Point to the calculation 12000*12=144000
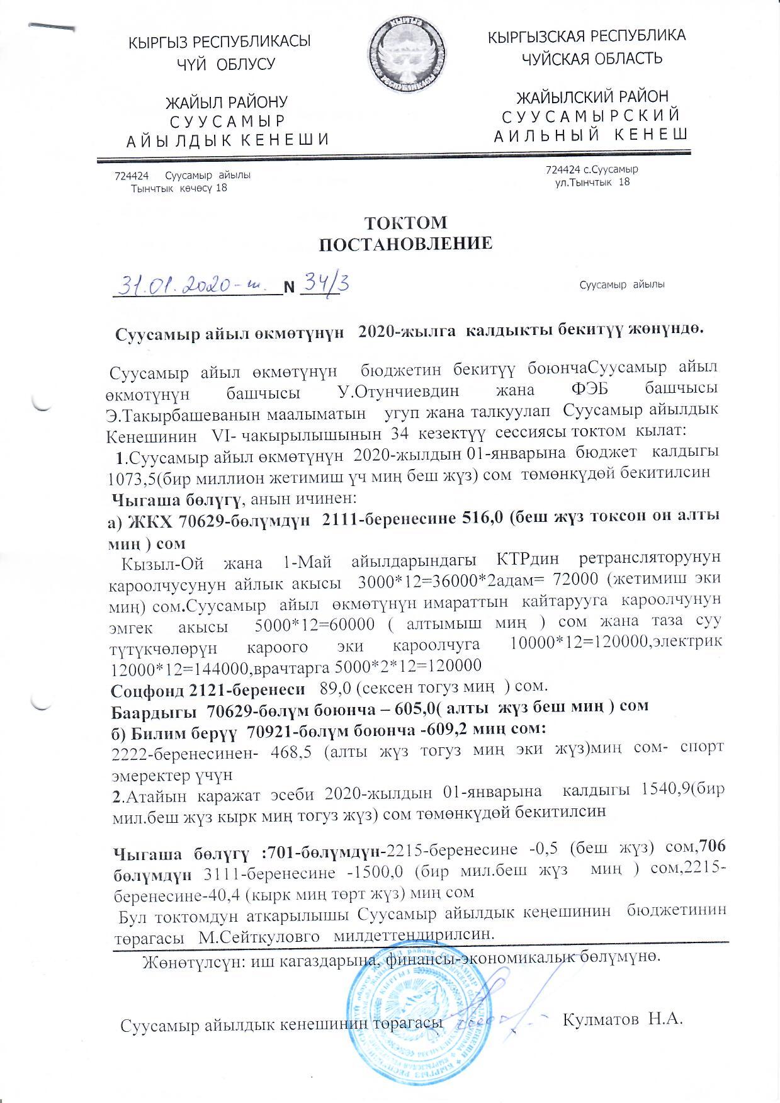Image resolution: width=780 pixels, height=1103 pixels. pos(171,665)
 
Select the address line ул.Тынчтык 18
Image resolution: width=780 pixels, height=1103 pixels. pos(588,183)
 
